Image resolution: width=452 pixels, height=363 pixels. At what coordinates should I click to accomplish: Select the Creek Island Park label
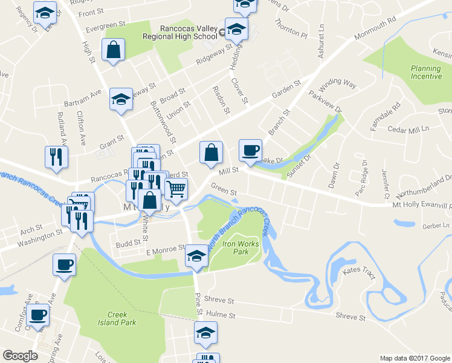click(117, 318)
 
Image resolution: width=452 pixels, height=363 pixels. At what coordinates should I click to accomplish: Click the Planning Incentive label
click(426, 73)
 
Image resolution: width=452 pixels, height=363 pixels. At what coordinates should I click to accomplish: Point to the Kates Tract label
click(360, 274)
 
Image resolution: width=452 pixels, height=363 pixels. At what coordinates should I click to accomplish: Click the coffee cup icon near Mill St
click(250, 151)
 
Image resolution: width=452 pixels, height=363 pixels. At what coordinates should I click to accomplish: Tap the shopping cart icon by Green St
click(175, 190)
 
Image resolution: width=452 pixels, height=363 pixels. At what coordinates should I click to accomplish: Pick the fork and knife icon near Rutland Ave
click(56, 157)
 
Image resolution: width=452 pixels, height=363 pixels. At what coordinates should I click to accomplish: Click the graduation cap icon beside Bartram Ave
click(121, 99)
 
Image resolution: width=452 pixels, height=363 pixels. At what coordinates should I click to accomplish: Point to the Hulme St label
click(219, 314)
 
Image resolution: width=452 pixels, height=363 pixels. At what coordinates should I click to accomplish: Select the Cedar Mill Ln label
click(408, 129)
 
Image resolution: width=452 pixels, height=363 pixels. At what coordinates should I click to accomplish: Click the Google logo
click(21, 356)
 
